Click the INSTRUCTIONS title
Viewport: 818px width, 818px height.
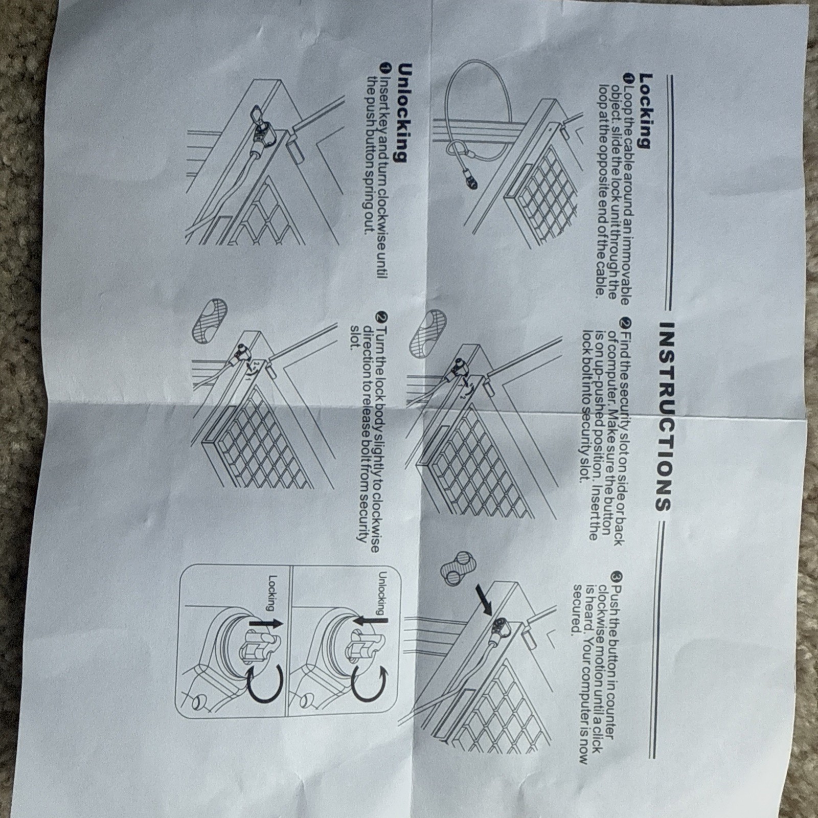(x=664, y=417)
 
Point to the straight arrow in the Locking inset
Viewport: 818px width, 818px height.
(x=265, y=624)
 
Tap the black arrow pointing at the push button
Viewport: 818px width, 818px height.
(x=484, y=600)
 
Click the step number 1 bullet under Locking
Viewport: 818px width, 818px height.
(x=628, y=77)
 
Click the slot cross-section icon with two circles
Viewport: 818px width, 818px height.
(x=457, y=568)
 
